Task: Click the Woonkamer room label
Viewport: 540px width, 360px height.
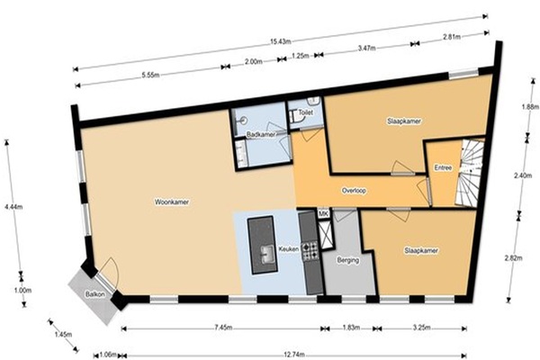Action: point(172,202)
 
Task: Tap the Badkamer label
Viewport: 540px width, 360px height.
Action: point(261,134)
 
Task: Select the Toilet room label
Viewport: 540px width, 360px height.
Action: point(305,112)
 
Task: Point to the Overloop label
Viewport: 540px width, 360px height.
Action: point(354,190)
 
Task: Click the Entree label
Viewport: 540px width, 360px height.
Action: point(443,167)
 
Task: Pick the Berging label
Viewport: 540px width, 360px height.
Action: point(348,260)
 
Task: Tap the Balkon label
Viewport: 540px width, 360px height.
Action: point(94,294)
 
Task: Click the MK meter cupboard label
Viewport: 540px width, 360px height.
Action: point(323,214)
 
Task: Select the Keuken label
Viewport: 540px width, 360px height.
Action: point(289,249)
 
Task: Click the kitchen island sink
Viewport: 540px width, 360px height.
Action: point(267,254)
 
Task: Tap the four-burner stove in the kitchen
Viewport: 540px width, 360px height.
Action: point(310,250)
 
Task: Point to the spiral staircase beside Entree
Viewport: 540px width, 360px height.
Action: point(470,172)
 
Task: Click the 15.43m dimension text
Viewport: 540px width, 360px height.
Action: point(281,42)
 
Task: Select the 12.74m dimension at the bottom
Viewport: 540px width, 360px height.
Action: point(293,355)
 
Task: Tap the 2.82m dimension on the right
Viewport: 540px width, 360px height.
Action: point(513,257)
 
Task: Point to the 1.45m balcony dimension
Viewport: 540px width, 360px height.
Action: point(63,334)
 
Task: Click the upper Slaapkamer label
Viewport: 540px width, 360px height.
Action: point(404,121)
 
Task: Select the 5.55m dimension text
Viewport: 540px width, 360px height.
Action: point(150,75)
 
